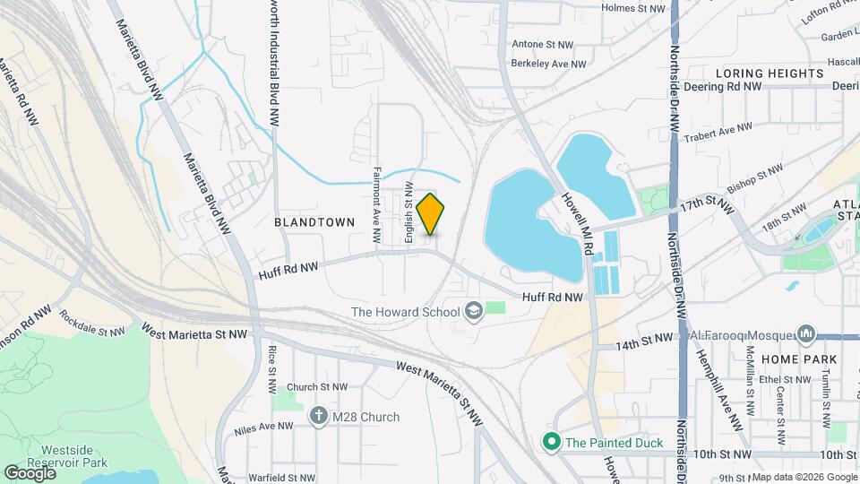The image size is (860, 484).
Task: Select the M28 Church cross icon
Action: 319,417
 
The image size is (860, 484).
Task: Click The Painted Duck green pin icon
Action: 552,442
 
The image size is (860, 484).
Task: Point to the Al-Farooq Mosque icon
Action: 805,335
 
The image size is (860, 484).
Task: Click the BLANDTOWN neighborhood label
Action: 314,221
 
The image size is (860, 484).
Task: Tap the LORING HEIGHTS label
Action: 770,73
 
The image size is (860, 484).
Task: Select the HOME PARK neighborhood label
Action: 799,359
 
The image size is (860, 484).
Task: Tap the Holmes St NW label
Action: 634,8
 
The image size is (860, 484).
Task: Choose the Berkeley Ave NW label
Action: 547,64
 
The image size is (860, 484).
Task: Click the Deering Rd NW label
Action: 722,87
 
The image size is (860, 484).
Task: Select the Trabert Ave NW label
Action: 717,131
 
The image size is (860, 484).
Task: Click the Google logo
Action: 30,473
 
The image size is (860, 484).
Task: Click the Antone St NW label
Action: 547,43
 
